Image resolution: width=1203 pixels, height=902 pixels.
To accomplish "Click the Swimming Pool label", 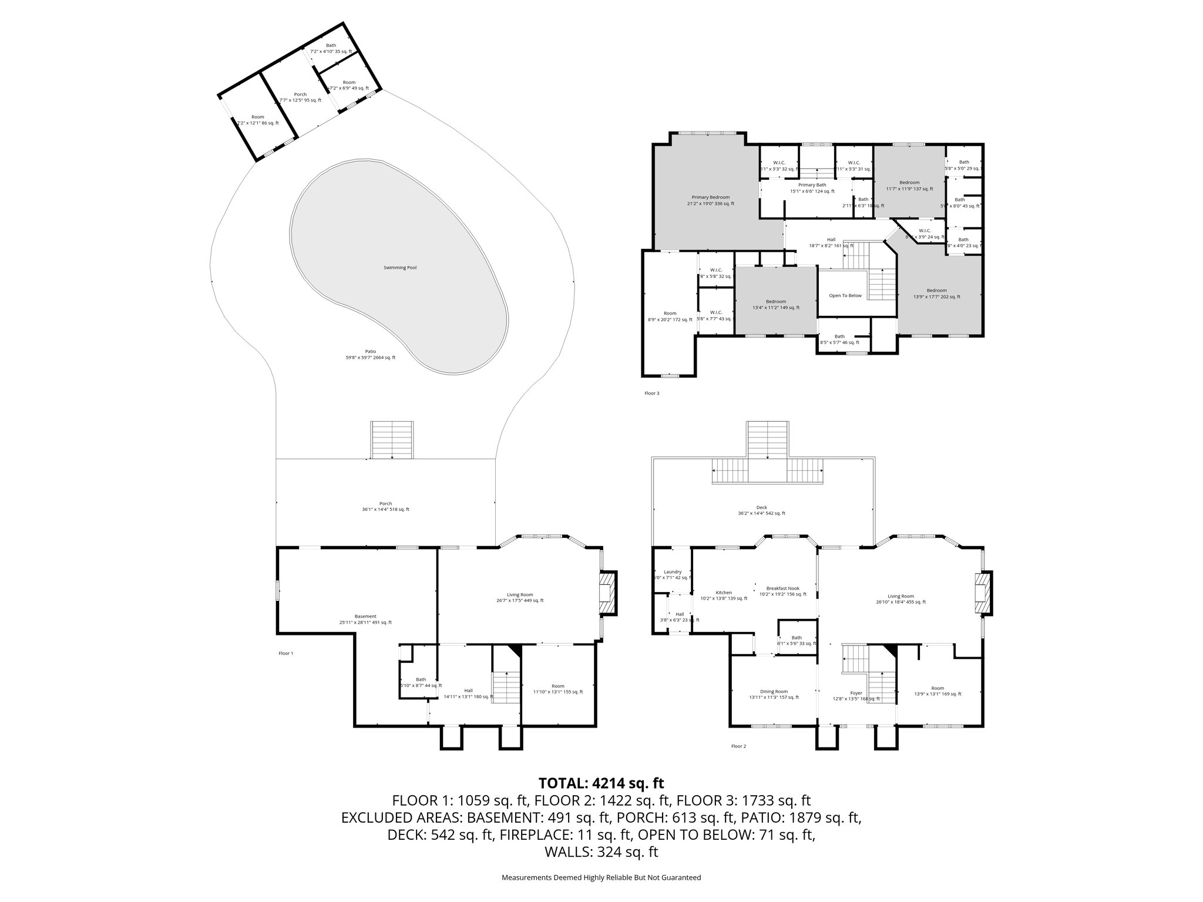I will coord(400,267).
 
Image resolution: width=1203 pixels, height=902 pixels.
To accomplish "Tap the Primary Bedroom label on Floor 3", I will coord(710,200).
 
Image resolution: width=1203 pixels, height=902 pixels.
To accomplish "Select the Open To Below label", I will coord(845,295).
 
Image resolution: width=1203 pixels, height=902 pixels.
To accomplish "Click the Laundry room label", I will coord(673,572).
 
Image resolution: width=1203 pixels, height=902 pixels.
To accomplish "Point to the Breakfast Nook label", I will coord(782,588).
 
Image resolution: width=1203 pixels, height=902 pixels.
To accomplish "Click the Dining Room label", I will coord(774,691).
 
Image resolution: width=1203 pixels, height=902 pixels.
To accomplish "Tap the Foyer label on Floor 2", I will coord(856,693).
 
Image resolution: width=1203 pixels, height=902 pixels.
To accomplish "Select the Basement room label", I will coord(365,617).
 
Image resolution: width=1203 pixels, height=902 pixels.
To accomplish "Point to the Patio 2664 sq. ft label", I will coord(370,354).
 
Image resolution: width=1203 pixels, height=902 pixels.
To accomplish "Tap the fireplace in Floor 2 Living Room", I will coord(982,593).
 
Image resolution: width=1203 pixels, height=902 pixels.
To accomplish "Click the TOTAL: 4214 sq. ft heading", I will coord(601,783).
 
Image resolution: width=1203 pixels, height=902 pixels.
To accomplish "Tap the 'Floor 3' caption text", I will coord(651,393).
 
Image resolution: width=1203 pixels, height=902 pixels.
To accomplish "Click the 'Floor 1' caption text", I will coord(285,653).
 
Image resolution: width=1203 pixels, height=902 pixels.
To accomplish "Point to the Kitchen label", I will coord(724,593).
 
